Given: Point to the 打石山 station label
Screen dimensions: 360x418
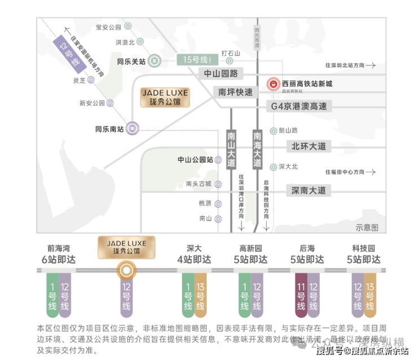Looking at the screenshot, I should tap(230, 54).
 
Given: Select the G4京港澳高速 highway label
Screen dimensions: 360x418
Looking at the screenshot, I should tap(298, 106).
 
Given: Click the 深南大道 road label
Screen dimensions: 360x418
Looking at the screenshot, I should tap(308, 190).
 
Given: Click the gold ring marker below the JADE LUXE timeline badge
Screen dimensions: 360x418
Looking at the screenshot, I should tap(126, 271).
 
